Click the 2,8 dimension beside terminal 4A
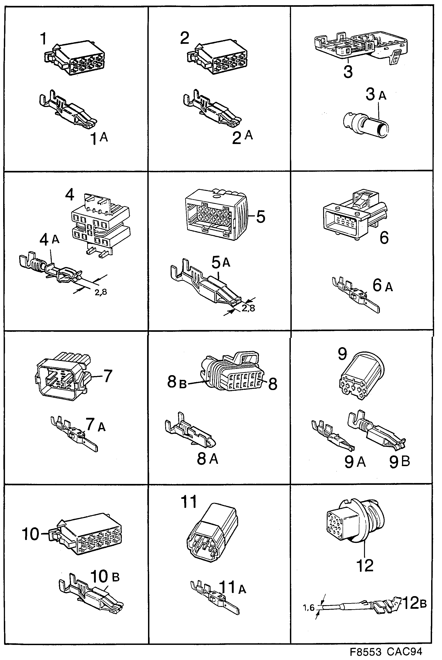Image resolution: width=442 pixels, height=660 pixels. click(101, 292)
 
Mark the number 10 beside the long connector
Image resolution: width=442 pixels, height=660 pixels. click(31, 534)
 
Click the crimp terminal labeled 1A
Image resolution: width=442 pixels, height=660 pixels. click(68, 110)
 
